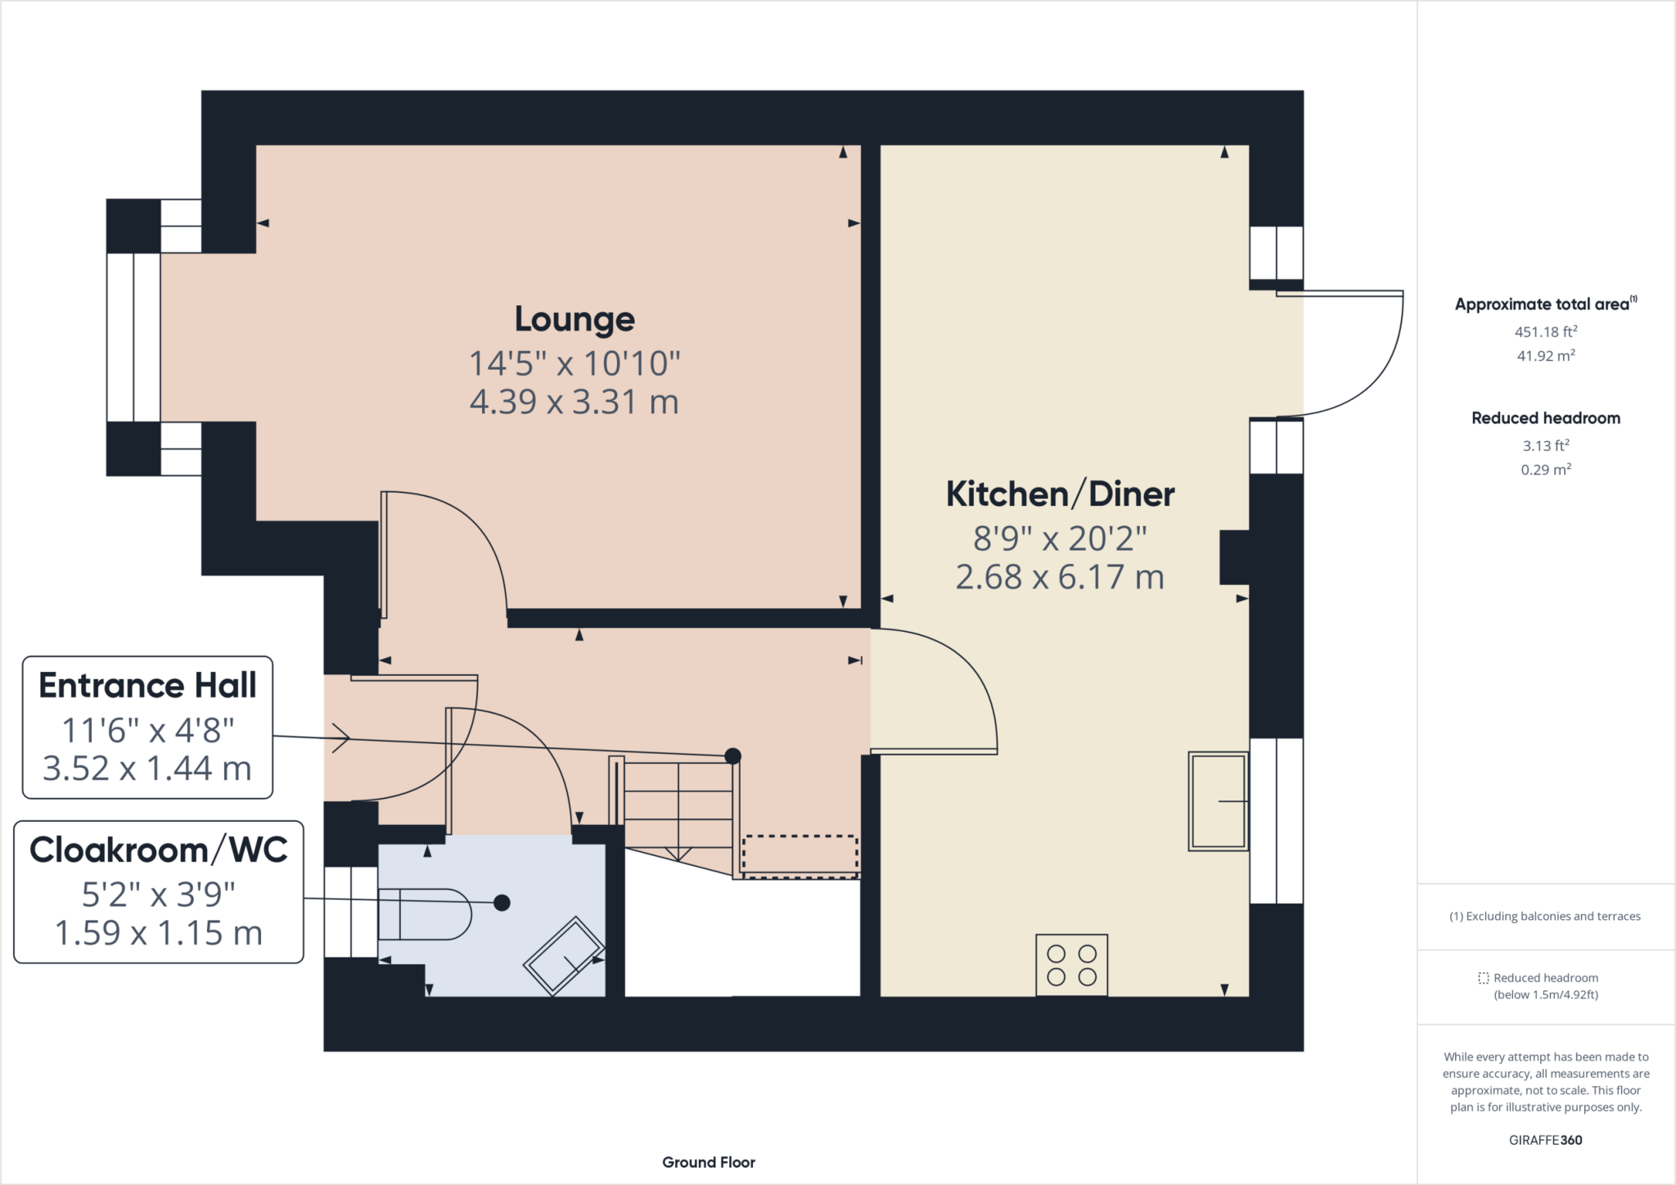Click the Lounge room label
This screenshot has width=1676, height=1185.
[574, 319]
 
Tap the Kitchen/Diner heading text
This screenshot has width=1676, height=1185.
[1061, 494]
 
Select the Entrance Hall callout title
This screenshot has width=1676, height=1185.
[147, 685]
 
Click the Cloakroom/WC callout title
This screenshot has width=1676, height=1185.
[159, 850]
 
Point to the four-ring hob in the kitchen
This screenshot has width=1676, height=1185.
[1072, 965]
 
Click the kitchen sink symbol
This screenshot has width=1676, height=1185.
[1219, 801]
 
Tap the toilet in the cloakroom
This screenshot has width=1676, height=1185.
[425, 914]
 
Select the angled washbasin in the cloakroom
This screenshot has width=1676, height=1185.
[564, 956]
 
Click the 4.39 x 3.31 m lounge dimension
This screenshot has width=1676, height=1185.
[574, 402]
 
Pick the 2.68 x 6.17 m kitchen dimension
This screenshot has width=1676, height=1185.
[1061, 577]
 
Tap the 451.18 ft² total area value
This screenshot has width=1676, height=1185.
[1546, 331]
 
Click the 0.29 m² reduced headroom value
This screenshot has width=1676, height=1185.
[1546, 469]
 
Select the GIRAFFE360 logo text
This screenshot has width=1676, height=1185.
[1546, 1140]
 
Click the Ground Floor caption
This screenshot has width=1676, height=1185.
[709, 1162]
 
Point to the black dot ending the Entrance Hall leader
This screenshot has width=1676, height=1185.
[733, 756]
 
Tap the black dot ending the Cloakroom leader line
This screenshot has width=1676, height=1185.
[502, 903]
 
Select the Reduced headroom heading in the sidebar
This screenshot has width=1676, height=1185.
[1546, 418]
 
